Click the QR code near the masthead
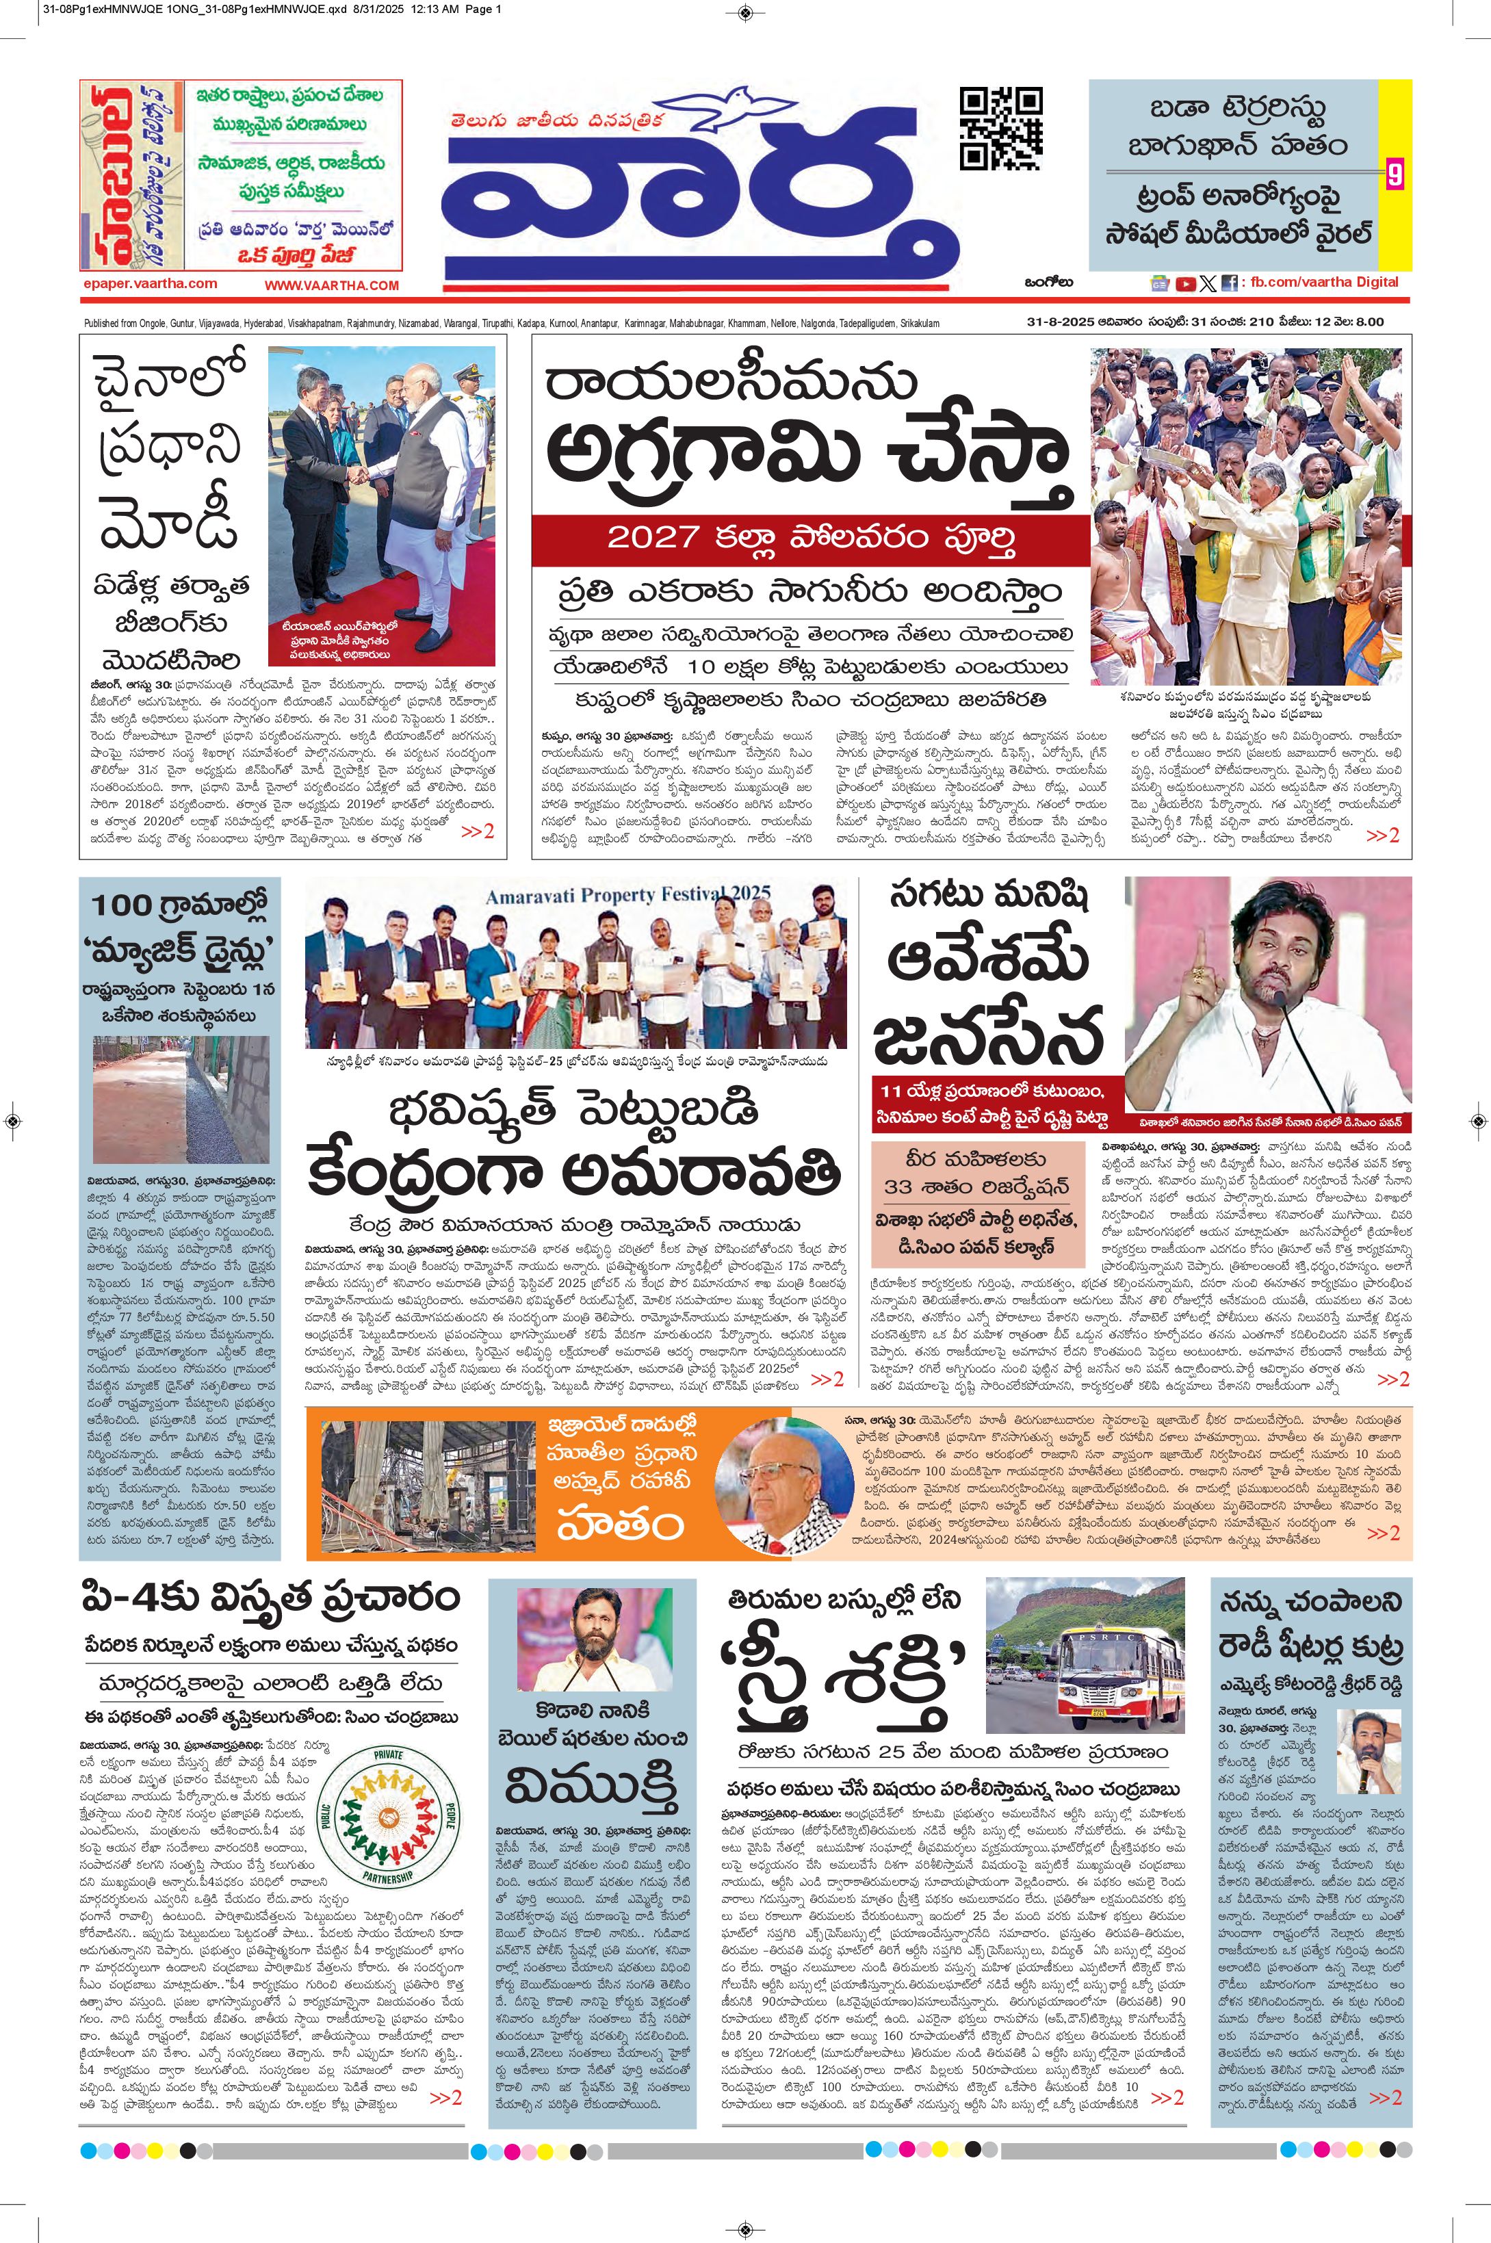[x=1000, y=129]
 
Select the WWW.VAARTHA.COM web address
[x=331, y=285]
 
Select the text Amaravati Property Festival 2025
[x=627, y=895]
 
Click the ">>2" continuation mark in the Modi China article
[x=478, y=831]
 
